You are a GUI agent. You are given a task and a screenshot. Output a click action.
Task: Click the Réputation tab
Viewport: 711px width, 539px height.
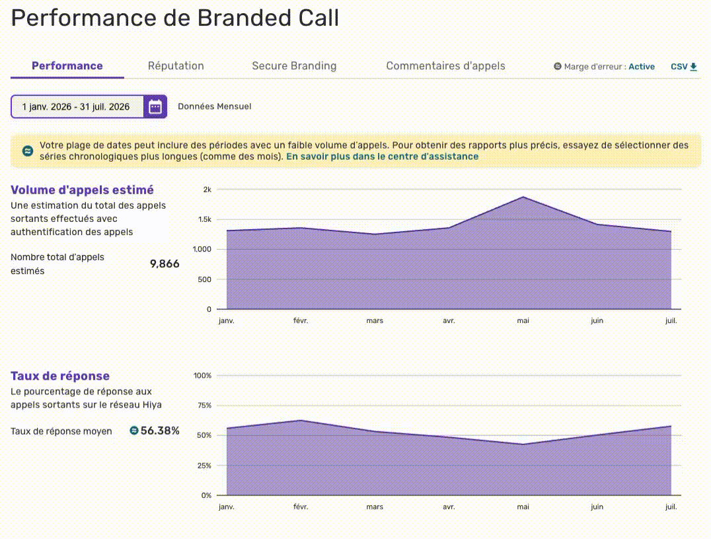click(176, 66)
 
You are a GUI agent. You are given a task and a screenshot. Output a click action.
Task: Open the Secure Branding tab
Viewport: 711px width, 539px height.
click(294, 66)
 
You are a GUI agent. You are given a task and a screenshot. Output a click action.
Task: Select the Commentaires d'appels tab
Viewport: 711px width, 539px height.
click(446, 66)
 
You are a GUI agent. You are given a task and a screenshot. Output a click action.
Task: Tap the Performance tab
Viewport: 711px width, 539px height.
click(67, 66)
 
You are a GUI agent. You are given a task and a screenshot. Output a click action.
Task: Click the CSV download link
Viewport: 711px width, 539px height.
click(684, 67)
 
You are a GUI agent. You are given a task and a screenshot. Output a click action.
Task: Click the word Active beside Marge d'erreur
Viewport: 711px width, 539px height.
click(642, 67)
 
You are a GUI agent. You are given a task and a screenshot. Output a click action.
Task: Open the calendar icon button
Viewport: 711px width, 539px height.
click(155, 106)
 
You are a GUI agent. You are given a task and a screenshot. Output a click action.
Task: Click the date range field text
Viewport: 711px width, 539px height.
click(76, 106)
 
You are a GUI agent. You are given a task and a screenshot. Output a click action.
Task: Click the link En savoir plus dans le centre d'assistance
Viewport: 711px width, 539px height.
click(382, 157)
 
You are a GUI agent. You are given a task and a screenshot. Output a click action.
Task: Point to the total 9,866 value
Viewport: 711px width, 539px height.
click(165, 264)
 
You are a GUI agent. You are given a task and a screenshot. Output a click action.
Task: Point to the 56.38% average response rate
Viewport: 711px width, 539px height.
click(160, 431)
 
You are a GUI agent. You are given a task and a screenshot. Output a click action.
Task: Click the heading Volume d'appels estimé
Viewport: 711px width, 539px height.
click(82, 190)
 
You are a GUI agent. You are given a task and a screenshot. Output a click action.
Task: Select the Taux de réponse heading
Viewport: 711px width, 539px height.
click(60, 376)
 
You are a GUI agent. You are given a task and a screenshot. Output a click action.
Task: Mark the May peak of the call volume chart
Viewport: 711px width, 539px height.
click(523, 197)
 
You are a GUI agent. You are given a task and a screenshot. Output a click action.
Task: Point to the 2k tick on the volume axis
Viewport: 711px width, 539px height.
click(207, 190)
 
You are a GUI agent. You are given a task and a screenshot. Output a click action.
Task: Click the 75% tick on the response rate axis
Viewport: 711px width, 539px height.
click(204, 406)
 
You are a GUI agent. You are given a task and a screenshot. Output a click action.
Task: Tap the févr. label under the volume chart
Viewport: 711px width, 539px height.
click(301, 320)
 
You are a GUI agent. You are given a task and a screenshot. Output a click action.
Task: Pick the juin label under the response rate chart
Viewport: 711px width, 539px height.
click(597, 507)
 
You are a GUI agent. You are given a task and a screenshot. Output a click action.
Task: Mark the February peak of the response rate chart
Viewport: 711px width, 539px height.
click(301, 420)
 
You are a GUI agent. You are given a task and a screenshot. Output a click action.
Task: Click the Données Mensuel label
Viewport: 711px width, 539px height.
click(215, 106)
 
